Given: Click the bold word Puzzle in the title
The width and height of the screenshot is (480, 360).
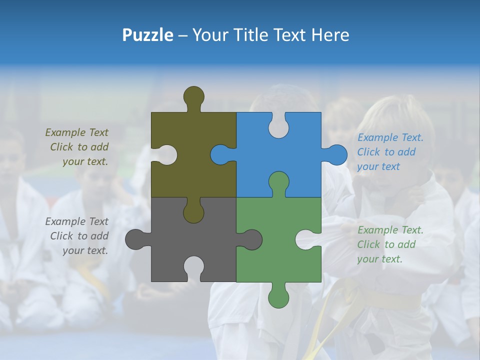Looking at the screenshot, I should (148, 35).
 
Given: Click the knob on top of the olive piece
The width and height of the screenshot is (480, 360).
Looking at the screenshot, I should (194, 96).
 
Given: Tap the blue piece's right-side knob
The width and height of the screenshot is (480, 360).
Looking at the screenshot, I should (336, 154).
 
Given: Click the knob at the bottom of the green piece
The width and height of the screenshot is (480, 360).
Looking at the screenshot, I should (278, 296).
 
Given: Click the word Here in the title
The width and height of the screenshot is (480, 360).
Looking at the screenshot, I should (330, 35).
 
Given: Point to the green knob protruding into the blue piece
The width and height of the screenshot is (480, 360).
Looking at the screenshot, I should (278, 182).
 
